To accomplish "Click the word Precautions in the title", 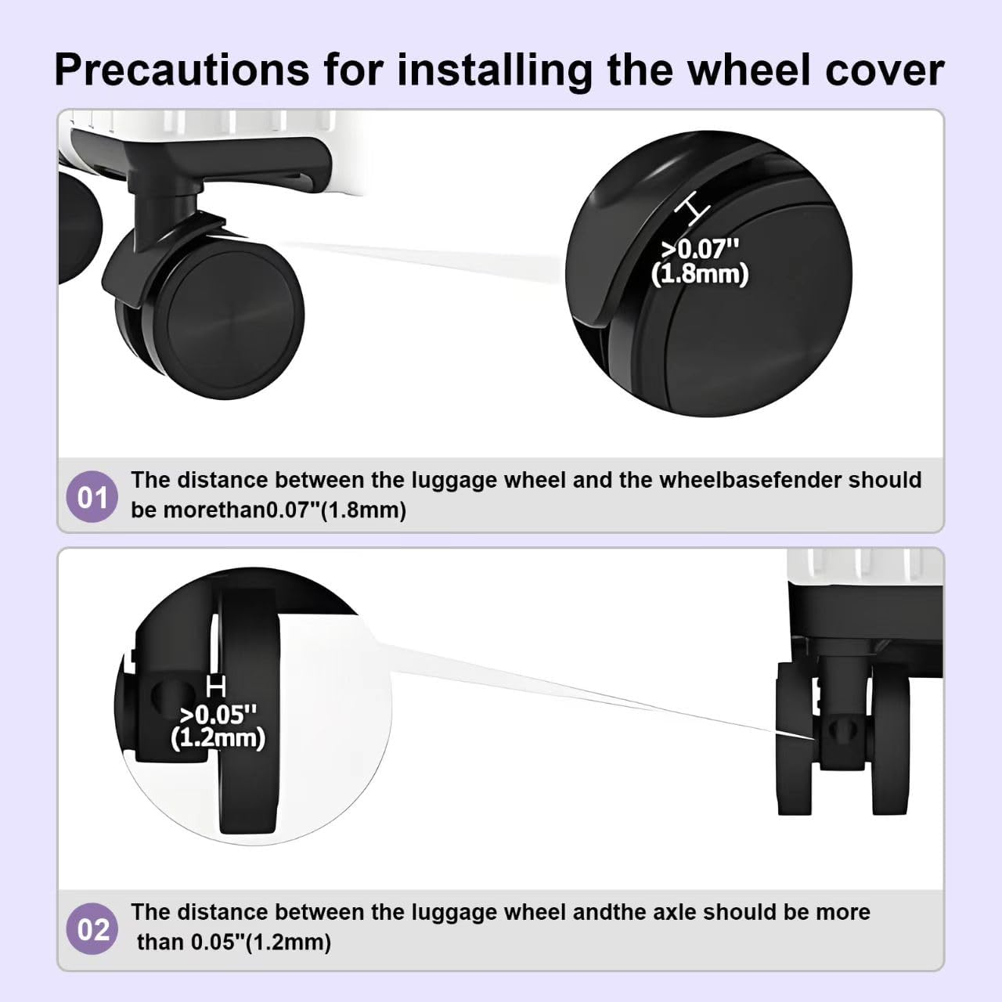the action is click(x=182, y=70).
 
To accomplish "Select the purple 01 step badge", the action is click(x=92, y=496).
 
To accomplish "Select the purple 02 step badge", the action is click(x=92, y=928).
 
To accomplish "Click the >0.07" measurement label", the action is click(x=700, y=249).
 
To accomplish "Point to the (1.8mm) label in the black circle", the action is click(x=700, y=274).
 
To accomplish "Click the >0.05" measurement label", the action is click(x=218, y=715).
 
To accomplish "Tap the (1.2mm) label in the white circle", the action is click(x=218, y=739).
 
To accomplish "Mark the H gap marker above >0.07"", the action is click(x=692, y=208).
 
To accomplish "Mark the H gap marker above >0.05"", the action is click(x=216, y=686).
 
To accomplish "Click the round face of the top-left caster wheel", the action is click(x=236, y=318).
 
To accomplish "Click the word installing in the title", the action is click(x=494, y=71).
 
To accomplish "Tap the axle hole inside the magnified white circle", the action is click(x=170, y=694).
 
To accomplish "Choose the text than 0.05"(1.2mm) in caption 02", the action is click(x=233, y=942).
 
